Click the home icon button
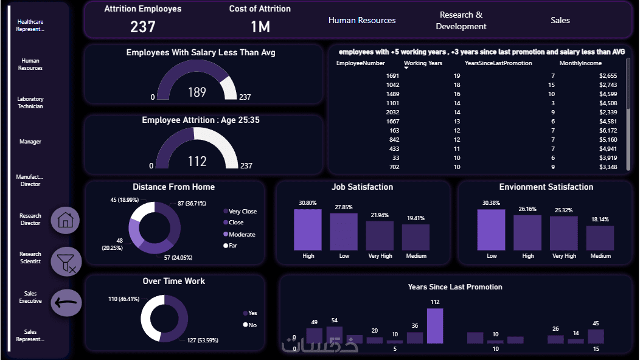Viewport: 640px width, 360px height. point(65,220)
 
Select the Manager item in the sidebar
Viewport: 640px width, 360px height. point(30,142)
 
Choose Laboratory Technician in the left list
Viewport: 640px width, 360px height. point(30,103)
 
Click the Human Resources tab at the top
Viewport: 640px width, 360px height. point(362,20)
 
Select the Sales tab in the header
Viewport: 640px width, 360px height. point(560,20)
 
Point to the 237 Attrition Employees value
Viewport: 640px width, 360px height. point(143,26)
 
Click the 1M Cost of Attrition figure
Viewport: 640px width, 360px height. point(260,26)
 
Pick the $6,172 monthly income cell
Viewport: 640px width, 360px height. point(608,130)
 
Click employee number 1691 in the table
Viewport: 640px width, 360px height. point(392,75)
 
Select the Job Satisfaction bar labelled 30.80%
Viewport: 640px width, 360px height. point(308,229)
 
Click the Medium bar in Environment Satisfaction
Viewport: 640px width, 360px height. point(600,238)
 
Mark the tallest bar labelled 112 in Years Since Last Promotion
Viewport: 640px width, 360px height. point(434,325)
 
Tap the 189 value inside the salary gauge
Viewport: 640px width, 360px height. point(197,92)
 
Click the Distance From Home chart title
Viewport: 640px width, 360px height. point(173,187)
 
